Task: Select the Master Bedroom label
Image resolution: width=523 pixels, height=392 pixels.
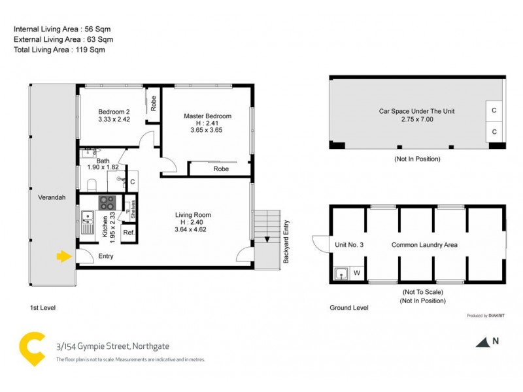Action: pos(207,116)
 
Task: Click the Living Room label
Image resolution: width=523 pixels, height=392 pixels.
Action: pos(193,215)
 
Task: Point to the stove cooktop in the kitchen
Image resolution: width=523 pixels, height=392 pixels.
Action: pos(107,203)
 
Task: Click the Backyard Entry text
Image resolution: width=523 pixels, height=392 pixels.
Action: pos(286,242)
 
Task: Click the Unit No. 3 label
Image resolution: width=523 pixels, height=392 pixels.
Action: pos(349,245)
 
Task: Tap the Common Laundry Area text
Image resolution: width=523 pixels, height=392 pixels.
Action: pos(424,245)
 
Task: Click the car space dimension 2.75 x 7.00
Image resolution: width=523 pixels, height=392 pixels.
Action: pos(416,120)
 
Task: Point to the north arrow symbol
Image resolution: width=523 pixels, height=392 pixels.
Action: pos(482,341)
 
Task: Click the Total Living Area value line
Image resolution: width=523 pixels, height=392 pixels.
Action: pos(59,50)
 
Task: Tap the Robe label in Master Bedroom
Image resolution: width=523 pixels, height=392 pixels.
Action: pos(221,169)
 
